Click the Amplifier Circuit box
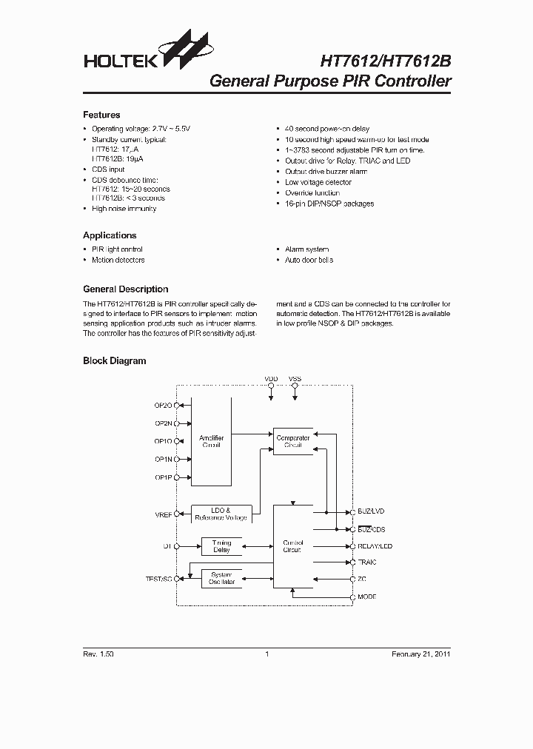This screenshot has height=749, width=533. click(x=211, y=441)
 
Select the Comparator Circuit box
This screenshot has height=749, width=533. click(x=293, y=442)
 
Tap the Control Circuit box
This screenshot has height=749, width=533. click(x=293, y=547)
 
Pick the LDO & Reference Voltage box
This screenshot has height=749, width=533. click(x=221, y=514)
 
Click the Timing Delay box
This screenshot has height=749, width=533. click(x=221, y=546)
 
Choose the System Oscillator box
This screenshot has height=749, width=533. click(x=221, y=579)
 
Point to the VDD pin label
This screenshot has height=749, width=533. click(x=271, y=379)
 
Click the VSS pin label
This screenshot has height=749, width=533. click(x=295, y=379)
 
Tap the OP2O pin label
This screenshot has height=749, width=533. click(x=163, y=406)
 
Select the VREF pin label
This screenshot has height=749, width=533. click(x=164, y=513)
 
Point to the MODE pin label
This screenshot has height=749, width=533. click(x=367, y=596)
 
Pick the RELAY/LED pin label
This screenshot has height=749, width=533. click(x=375, y=546)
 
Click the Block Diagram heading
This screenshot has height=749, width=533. click(x=114, y=361)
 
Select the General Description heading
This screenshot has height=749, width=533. click(x=126, y=289)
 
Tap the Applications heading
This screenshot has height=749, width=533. click(x=110, y=235)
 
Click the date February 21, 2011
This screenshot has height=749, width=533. click(x=420, y=654)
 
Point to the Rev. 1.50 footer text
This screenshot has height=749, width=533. click(x=98, y=654)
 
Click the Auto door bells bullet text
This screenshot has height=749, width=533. click(x=309, y=261)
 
